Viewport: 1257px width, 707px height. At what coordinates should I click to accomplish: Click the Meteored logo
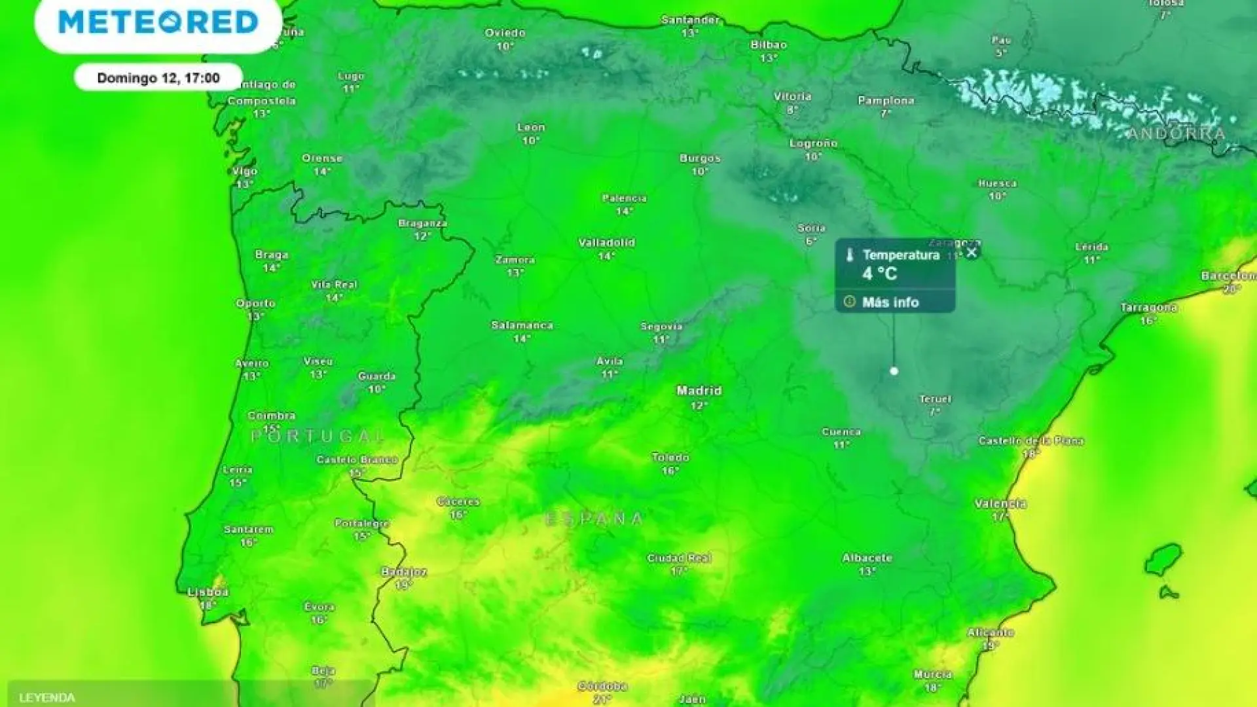click(x=158, y=22)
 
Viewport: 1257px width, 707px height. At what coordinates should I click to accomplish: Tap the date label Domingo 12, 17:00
click(x=158, y=78)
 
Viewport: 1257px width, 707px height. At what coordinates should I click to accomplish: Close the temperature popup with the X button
click(x=972, y=252)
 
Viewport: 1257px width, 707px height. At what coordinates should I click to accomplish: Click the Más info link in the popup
click(x=890, y=302)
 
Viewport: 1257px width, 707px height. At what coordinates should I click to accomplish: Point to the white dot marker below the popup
click(x=894, y=371)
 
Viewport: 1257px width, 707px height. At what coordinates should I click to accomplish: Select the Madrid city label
click(x=699, y=391)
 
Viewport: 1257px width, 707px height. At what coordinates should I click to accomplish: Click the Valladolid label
click(x=606, y=243)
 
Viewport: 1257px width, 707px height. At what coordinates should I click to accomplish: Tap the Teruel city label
click(x=935, y=399)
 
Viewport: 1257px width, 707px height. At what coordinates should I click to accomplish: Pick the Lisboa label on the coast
click(x=208, y=592)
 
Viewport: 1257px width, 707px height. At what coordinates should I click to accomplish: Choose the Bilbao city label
click(x=769, y=45)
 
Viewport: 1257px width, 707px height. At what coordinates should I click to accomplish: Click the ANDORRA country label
click(x=1176, y=134)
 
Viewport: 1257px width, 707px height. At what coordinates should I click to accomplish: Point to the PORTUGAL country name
click(x=319, y=436)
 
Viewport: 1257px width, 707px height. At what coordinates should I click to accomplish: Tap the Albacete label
click(x=867, y=558)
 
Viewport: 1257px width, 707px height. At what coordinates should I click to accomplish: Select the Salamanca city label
click(x=522, y=325)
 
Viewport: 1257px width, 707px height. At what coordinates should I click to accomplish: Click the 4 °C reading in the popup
click(x=879, y=274)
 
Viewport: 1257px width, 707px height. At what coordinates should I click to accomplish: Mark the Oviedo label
click(x=505, y=33)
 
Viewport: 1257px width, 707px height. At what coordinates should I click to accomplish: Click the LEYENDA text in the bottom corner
click(x=47, y=698)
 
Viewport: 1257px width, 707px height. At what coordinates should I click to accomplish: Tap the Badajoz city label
click(x=404, y=572)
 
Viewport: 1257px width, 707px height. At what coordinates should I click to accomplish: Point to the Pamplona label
click(x=886, y=101)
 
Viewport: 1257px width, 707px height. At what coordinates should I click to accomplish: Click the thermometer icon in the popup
click(x=850, y=255)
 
